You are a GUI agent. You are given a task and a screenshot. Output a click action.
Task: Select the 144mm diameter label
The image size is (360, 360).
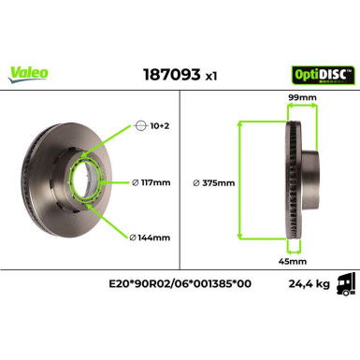(x=151, y=238)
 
